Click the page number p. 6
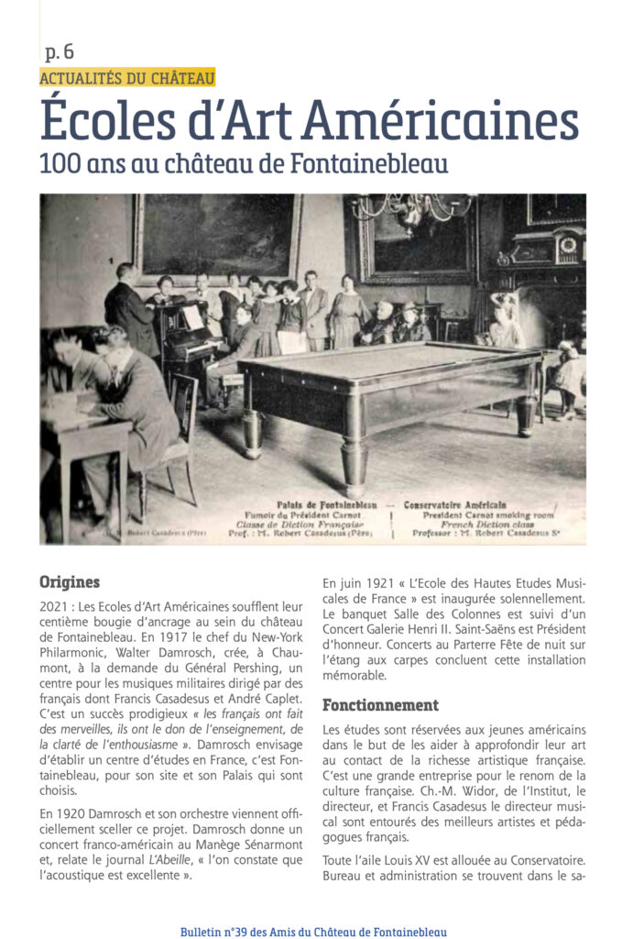pyautogui.click(x=60, y=53)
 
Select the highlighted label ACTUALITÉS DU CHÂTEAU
pyautogui.click(x=126, y=79)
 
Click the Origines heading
pyautogui.click(x=70, y=581)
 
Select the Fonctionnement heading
pyautogui.click(x=380, y=705)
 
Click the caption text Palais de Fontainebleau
pyautogui.click(x=313, y=504)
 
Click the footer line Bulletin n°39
pyautogui.click(x=313, y=932)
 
